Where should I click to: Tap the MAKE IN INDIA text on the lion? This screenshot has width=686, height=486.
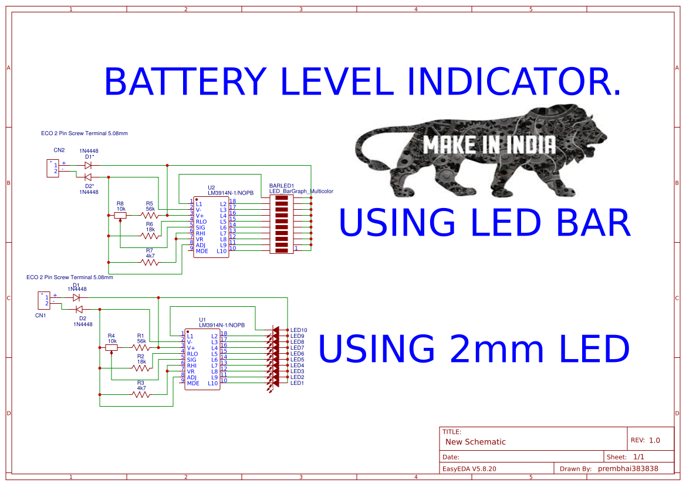489,145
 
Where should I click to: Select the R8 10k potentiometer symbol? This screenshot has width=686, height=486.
121,216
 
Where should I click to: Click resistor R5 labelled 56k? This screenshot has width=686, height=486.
150,216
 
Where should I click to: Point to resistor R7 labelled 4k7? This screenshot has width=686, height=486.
150,263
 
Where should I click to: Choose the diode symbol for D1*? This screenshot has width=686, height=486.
88,165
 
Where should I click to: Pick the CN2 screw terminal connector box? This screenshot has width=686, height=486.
53,168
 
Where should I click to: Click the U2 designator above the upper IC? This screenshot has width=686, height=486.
211,187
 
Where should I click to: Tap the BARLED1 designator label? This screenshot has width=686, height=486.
282,185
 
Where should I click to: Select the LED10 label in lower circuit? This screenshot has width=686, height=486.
299,330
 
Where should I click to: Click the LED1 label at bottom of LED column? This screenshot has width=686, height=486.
297,383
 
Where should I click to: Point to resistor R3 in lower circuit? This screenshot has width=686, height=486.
141,395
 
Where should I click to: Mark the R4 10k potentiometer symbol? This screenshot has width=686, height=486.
111,347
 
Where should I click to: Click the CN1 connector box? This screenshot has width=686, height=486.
45,300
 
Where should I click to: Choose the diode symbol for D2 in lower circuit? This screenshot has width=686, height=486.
79,309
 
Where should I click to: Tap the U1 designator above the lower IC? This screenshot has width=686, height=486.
202,320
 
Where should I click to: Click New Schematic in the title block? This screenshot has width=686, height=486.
475,442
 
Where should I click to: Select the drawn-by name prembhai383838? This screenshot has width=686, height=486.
628,469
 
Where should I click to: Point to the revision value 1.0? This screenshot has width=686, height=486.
654,440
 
